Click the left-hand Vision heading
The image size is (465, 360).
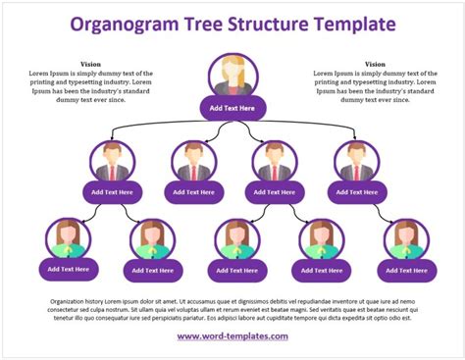(x=89, y=64)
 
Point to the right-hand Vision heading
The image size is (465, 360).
(x=375, y=64)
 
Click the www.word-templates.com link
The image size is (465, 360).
(x=232, y=336)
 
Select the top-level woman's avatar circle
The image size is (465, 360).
(x=232, y=77)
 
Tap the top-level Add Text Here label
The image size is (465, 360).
(x=232, y=107)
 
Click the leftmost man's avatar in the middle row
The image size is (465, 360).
(x=111, y=163)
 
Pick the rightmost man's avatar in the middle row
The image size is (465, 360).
(x=354, y=163)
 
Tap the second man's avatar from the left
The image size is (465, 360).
(x=193, y=163)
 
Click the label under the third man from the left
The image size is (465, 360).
(x=274, y=192)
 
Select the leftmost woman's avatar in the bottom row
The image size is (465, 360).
(x=68, y=239)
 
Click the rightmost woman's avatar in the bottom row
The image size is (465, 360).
(x=405, y=239)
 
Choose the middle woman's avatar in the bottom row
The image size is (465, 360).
(x=237, y=239)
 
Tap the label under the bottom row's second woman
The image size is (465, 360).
(x=152, y=270)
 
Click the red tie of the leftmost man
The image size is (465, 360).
(x=111, y=174)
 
